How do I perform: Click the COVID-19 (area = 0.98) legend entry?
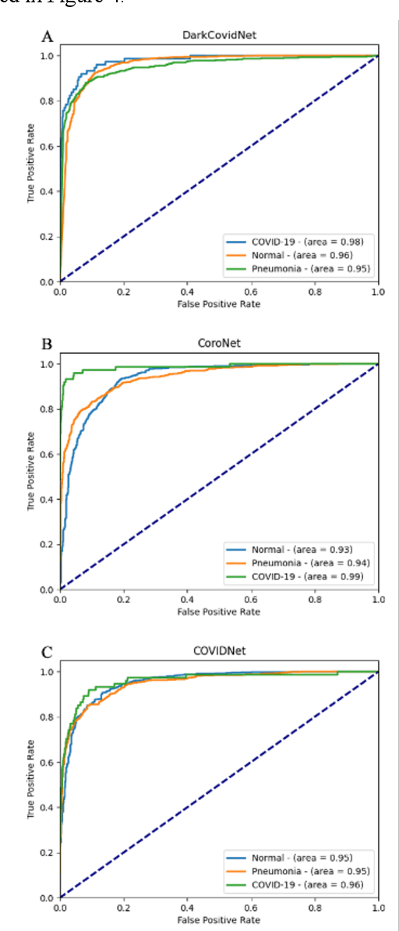pos(307,241)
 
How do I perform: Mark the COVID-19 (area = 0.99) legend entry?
pos(307,576)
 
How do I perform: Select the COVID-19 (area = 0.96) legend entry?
pos(307,884)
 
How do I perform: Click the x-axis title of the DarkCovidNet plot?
pos(219,303)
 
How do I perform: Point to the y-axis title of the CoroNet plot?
pos(30,476)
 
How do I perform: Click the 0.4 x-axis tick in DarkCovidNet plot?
pos(187,292)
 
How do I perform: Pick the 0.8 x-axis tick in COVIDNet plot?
pos(314,908)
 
